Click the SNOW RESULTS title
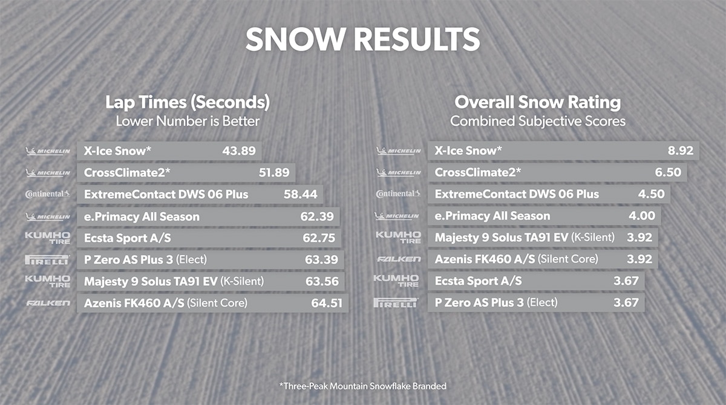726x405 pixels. pos(362,39)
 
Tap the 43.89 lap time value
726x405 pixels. pos(239,151)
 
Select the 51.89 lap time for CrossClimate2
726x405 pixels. pos(274,173)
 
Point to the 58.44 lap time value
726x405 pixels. pos(299,195)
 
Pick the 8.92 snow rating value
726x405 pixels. pos(681,151)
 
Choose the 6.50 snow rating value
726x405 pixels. pos(668,173)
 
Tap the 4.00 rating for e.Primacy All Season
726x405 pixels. pos(642,216)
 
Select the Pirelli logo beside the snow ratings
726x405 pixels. pos(396,302)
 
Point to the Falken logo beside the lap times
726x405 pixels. pos(48,303)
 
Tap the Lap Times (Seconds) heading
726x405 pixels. pos(188,102)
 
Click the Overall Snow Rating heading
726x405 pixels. pos(538,102)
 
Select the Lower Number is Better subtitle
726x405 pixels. pos(188,121)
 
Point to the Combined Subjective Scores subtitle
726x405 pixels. pos(538,121)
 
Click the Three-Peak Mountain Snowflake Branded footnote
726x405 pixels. pos(362,385)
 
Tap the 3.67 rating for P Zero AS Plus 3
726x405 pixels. pos(626,302)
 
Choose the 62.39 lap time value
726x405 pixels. pos(318,216)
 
